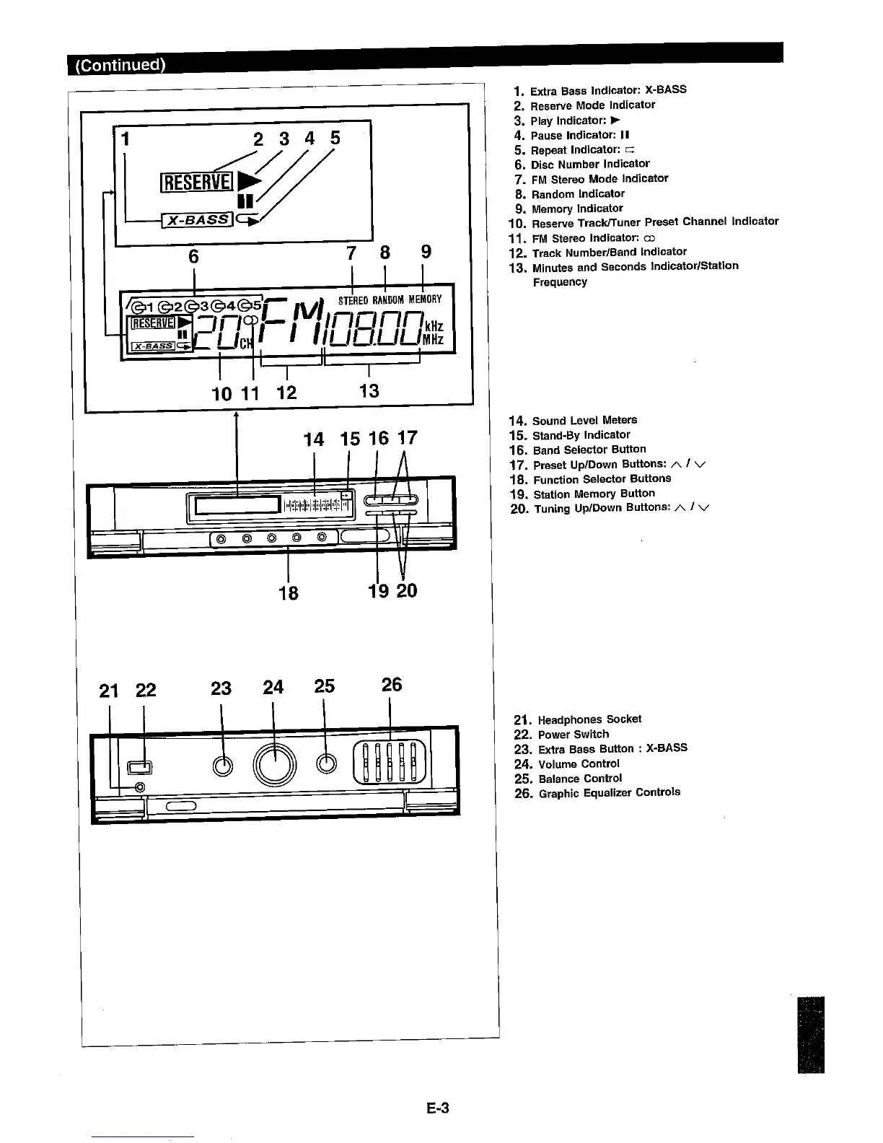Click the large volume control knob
pos(274,764)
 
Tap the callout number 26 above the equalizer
pos(391,685)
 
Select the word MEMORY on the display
pos(425,299)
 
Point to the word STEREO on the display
pos(353,299)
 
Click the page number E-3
pos(437,1108)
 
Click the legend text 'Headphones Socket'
pos(589,719)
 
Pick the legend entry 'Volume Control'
pos(579,763)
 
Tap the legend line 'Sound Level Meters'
pos(584,420)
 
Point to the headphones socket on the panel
pos(140,787)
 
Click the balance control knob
pos(327,764)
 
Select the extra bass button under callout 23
pos(224,766)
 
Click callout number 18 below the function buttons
pos(289,592)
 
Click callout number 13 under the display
pos(369,390)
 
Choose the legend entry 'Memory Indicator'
pos(577,209)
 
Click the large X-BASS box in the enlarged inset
pos(197,219)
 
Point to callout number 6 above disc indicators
pos(193,256)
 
